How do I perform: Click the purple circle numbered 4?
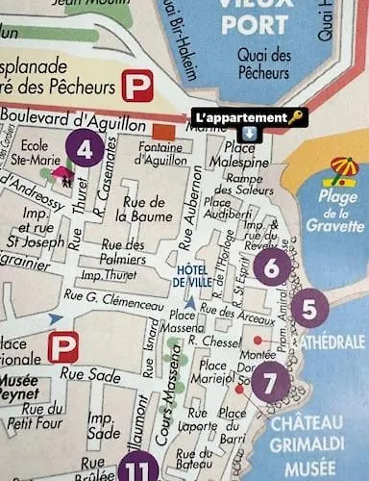86,150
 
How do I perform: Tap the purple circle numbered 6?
272,267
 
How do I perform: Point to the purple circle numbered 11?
141,468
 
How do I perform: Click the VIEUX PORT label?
255,17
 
